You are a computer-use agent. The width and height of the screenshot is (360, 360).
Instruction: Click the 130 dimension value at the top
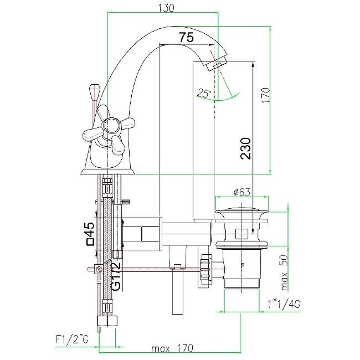click(x=166, y=8)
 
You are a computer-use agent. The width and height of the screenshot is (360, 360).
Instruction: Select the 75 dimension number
click(x=186, y=38)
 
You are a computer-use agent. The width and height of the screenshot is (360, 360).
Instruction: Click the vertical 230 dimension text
click(x=246, y=148)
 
